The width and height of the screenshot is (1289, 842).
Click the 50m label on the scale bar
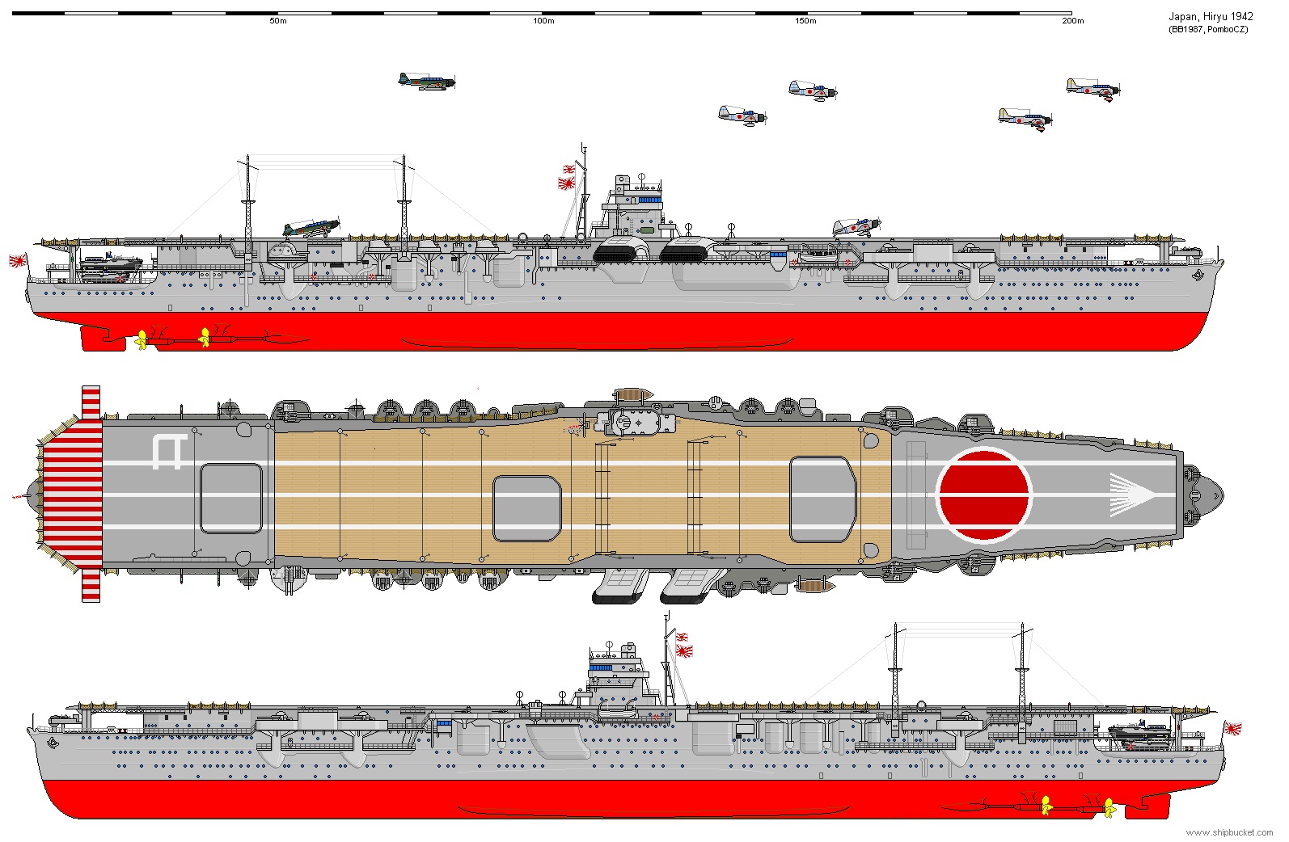point(278,21)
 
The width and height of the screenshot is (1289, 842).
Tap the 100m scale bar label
point(543,21)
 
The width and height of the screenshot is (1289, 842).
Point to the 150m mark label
point(805,21)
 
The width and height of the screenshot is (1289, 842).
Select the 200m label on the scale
point(1072,21)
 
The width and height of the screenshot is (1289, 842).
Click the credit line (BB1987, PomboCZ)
point(1208,30)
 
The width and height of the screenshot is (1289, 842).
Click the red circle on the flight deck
point(983,495)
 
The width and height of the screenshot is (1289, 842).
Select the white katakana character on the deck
point(170,452)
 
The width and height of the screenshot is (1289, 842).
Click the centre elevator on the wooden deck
point(526,508)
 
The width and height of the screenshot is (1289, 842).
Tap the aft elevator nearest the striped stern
point(230,498)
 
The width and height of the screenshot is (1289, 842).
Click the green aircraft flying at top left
point(426,81)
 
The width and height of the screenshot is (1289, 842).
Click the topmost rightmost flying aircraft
point(1092,89)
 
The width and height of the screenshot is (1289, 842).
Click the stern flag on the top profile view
point(18,260)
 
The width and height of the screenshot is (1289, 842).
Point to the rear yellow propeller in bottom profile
point(1109,807)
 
